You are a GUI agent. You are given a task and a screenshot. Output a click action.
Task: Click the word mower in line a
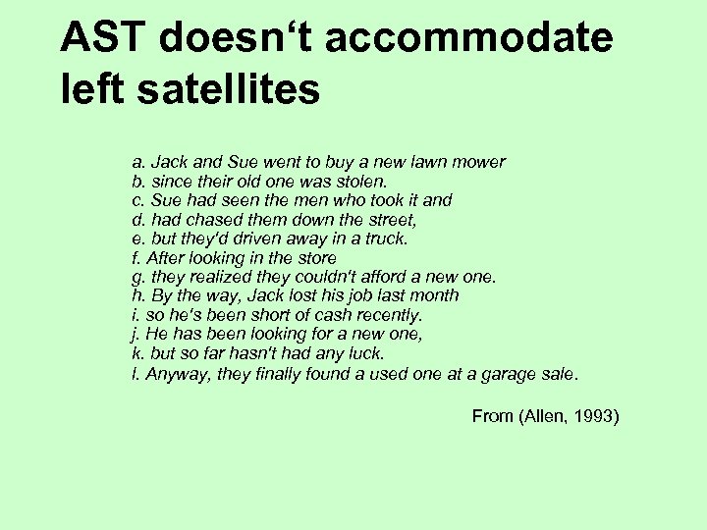click(x=480, y=161)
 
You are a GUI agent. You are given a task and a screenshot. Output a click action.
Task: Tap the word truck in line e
click(x=385, y=238)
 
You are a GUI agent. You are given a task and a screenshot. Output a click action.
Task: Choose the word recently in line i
click(x=390, y=316)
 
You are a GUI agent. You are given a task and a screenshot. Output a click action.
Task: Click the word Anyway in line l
click(x=173, y=374)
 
